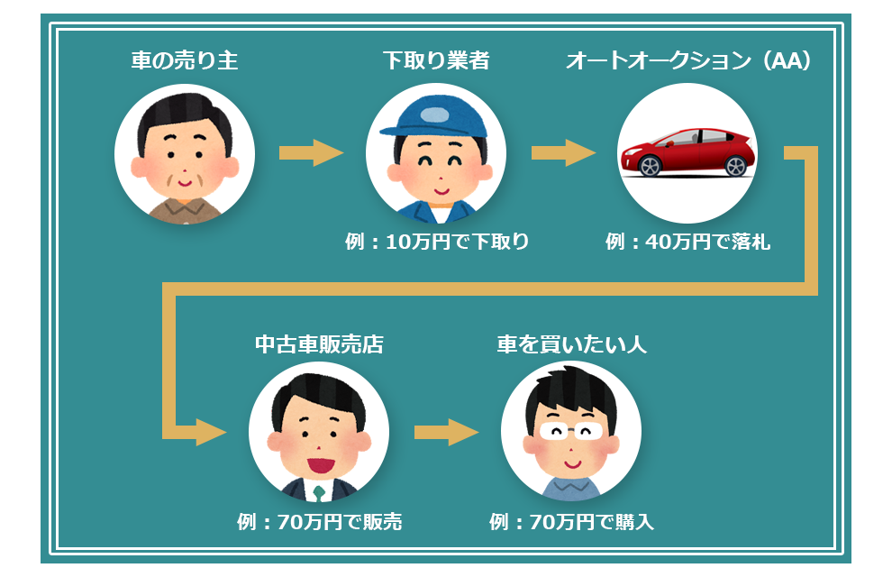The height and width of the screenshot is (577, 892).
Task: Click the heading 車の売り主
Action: (x=184, y=61)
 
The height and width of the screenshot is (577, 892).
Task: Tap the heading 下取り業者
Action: (x=436, y=61)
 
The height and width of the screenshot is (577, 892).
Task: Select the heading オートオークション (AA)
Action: (x=689, y=61)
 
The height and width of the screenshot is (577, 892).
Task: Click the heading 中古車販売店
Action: (x=319, y=344)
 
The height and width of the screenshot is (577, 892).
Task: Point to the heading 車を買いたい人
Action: (x=571, y=344)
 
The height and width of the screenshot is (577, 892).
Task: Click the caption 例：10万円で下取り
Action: (x=436, y=242)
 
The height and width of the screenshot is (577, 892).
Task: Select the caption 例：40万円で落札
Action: (x=688, y=242)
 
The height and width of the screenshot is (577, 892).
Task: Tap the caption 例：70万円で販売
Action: (x=319, y=522)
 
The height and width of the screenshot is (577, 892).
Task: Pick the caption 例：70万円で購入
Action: (x=571, y=522)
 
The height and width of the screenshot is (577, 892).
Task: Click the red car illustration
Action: (x=687, y=152)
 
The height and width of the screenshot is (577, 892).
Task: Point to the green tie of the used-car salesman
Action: (x=319, y=492)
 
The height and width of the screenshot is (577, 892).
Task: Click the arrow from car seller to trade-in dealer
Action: (x=311, y=153)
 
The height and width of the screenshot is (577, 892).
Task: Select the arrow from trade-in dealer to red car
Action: (x=563, y=153)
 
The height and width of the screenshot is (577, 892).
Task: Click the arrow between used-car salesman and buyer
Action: (x=445, y=432)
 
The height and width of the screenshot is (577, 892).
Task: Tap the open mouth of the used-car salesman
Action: (x=319, y=465)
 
